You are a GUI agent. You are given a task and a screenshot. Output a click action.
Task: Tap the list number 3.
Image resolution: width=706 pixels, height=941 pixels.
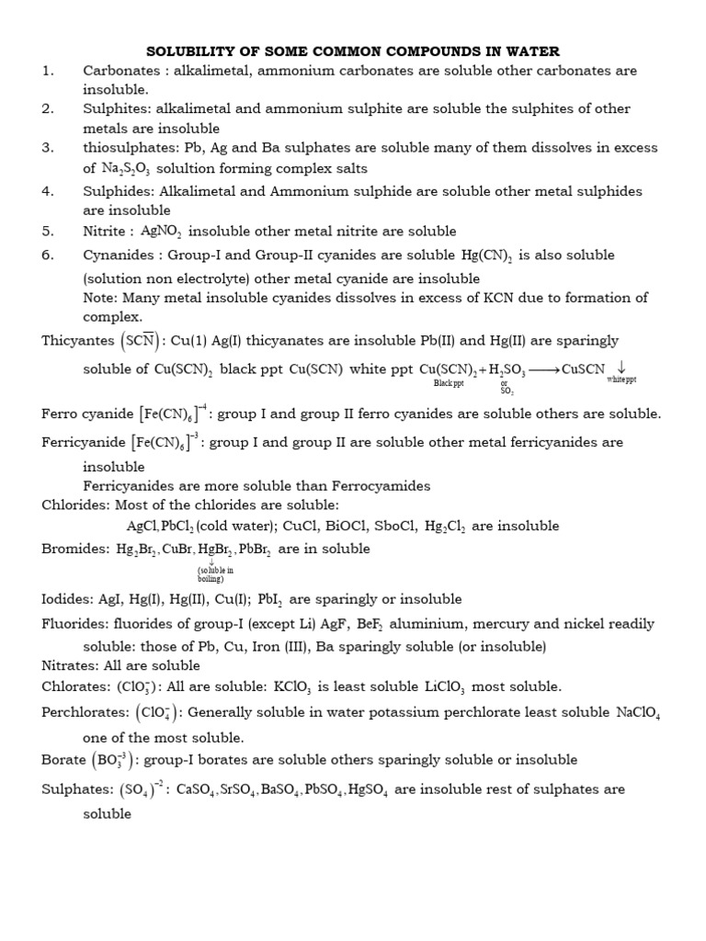(48, 147)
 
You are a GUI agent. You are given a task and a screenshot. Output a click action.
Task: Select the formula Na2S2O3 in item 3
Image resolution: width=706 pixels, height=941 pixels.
(128, 169)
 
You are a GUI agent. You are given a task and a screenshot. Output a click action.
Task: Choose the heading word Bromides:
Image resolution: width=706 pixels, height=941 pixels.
(76, 549)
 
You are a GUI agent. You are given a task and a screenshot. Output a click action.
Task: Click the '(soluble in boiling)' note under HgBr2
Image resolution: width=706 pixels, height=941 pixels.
(216, 573)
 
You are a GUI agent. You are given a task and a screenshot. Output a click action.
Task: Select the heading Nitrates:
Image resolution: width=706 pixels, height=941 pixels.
(74, 664)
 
